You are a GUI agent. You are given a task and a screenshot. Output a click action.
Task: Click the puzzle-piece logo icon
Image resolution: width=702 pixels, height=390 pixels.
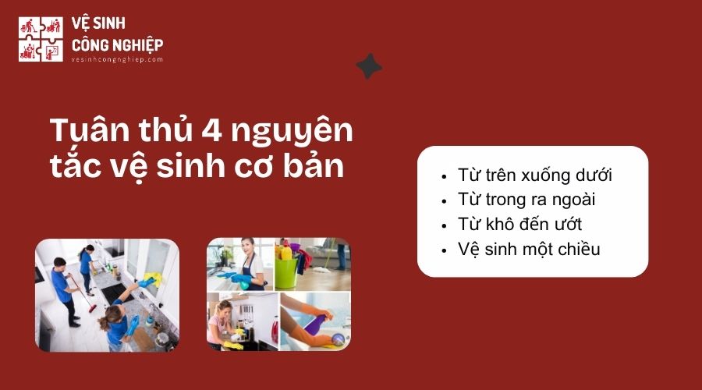(41, 39)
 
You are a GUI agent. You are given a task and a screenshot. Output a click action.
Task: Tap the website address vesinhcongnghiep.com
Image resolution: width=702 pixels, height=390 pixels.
(117, 59)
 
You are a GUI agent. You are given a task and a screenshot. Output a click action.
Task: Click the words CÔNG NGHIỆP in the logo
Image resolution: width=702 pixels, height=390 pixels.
(117, 44)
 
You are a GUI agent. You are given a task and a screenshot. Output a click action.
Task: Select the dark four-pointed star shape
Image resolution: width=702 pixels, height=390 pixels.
(369, 66)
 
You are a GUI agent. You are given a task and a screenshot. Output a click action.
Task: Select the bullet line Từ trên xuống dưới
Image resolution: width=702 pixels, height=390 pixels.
(535, 175)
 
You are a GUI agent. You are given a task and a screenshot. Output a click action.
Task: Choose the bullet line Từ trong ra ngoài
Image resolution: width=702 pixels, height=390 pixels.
(527, 200)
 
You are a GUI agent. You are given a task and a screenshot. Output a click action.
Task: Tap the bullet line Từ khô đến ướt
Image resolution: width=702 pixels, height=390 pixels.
(519, 225)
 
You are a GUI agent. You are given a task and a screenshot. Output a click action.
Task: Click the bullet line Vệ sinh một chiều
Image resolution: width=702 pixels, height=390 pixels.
(529, 250)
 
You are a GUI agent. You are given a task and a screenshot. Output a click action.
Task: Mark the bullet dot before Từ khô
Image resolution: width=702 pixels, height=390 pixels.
(445, 225)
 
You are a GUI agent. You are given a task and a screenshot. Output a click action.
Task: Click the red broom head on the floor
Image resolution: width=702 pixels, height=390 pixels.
(92, 308)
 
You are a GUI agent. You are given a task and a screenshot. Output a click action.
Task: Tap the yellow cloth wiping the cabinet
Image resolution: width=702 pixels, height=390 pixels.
(151, 278)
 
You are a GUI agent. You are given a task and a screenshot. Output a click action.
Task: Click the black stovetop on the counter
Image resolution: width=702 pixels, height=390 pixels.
(112, 293)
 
